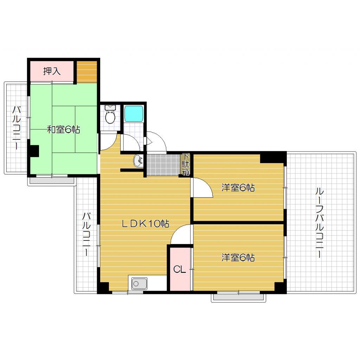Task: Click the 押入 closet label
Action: click(x=52, y=71)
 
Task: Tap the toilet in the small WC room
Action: click(x=110, y=116)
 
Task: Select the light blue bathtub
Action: click(x=134, y=113)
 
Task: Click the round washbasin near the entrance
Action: click(x=138, y=161)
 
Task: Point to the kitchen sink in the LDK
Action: click(x=139, y=284)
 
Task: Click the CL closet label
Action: click(x=179, y=270)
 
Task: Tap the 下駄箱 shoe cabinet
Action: click(x=186, y=165)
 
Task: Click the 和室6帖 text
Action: click(x=64, y=130)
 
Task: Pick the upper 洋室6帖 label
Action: click(x=238, y=188)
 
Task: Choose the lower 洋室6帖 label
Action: click(x=238, y=258)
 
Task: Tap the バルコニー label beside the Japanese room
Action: click(x=16, y=128)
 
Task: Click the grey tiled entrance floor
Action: click(x=163, y=164)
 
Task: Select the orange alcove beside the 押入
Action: click(x=86, y=72)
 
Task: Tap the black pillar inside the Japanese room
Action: click(x=34, y=151)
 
